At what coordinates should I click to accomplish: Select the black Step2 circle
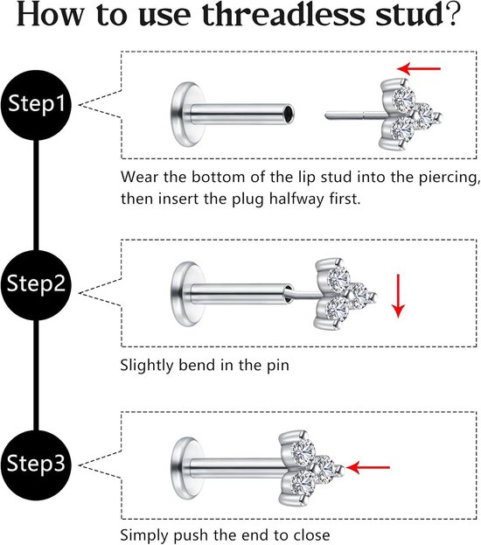(36, 284)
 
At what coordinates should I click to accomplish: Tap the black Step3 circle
(36, 465)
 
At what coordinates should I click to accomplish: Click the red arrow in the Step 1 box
(418, 68)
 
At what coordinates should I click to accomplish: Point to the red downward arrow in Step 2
(398, 296)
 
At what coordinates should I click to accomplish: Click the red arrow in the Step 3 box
(368, 467)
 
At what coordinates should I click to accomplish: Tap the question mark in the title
(453, 15)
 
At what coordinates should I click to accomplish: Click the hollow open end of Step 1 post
(289, 114)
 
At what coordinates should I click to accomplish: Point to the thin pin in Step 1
(354, 114)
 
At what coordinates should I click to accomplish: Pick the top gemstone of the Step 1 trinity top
(403, 98)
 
